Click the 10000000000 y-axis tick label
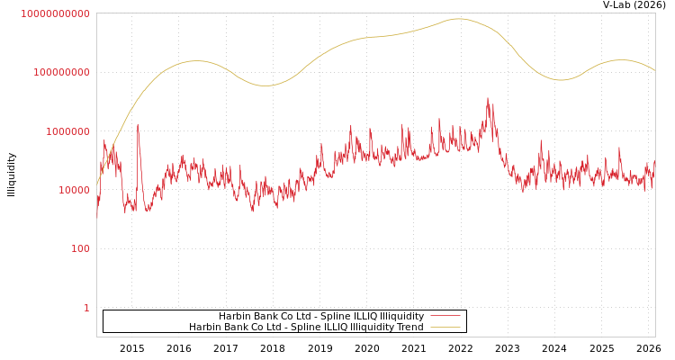click(x=55, y=13)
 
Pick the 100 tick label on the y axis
click(x=80, y=248)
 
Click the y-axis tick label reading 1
click(x=86, y=308)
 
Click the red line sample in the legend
click(x=445, y=316)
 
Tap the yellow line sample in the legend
click(x=445, y=327)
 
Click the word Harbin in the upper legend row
click(x=234, y=316)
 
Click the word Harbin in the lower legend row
click(x=204, y=327)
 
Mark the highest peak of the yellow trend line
click(x=458, y=18)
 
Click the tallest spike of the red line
click(x=488, y=98)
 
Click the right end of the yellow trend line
click(x=654, y=70)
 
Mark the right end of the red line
click(x=654, y=162)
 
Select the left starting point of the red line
click(x=97, y=217)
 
